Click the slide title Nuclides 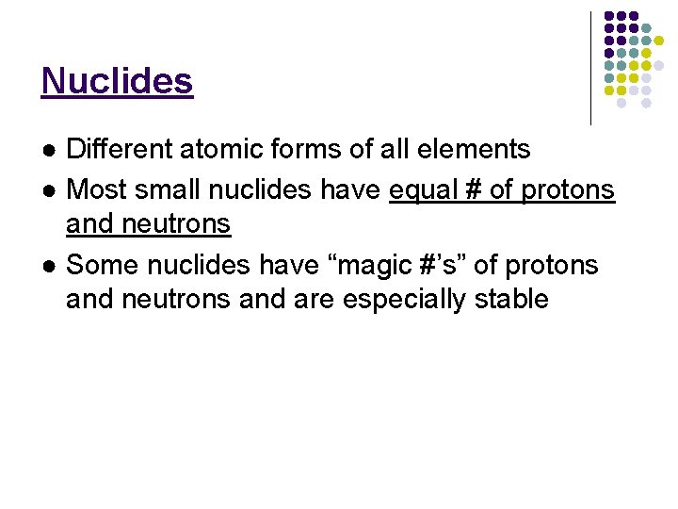coord(117,81)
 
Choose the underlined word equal coord(423,189)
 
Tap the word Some coord(100,264)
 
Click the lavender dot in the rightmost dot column coord(659,66)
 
